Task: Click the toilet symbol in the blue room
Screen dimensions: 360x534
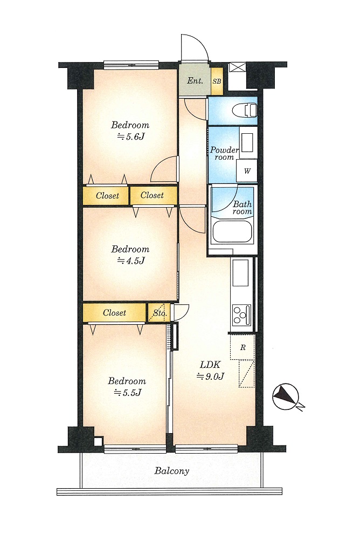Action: tap(245, 110)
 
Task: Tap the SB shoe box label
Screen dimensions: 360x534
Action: tap(217, 81)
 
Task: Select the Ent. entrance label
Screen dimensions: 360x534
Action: tap(195, 81)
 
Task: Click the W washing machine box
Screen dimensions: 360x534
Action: tap(247, 171)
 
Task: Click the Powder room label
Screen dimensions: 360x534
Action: tap(224, 153)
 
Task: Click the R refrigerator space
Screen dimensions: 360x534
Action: tap(243, 347)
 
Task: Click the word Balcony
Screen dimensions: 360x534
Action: tap(171, 471)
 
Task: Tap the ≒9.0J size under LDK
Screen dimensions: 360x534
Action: tap(210, 376)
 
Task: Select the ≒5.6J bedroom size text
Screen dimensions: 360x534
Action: tap(131, 136)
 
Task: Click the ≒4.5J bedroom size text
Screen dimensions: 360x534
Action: tap(131, 261)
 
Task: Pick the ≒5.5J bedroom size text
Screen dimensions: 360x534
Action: tap(128, 392)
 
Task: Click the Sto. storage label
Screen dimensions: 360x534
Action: tap(159, 313)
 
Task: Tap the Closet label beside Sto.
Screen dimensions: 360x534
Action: tap(114, 313)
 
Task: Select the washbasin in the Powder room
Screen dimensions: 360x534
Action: tap(247, 142)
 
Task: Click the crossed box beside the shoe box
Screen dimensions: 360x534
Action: tap(237, 67)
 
